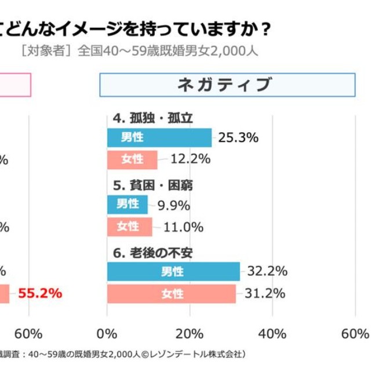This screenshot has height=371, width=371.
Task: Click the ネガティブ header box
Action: tap(227, 85)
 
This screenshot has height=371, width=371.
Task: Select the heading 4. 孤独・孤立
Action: tap(153, 118)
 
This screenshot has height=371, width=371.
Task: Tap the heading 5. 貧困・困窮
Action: tap(153, 185)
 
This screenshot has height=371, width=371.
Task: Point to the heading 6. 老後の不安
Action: tap(153, 253)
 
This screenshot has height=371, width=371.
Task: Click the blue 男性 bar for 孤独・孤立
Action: tap(159, 137)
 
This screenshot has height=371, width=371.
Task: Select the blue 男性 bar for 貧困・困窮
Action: tap(128, 204)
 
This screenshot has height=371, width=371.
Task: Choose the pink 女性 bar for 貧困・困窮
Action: tap(129, 227)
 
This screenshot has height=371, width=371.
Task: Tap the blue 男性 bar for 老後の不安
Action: tap(173, 271)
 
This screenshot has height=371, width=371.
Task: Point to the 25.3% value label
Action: tap(238, 138)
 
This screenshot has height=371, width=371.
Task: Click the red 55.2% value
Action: tap(40, 293)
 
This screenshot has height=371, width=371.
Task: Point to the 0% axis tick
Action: tap(107, 334)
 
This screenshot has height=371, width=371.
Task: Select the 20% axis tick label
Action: tap(190, 334)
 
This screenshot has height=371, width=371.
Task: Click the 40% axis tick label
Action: tap(272, 334)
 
